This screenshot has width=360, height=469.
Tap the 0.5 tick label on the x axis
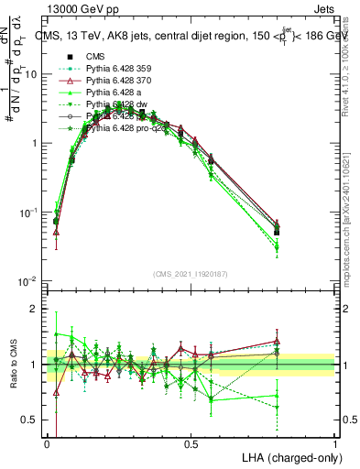click(x=191, y=443)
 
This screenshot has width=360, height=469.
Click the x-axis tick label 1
click(x=336, y=443)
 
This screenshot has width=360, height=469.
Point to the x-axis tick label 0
click(x=47, y=443)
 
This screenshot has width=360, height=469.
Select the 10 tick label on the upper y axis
click(x=33, y=75)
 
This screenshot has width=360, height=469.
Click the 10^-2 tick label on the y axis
click(x=29, y=281)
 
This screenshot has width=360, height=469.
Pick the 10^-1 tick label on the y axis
click(x=29, y=213)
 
